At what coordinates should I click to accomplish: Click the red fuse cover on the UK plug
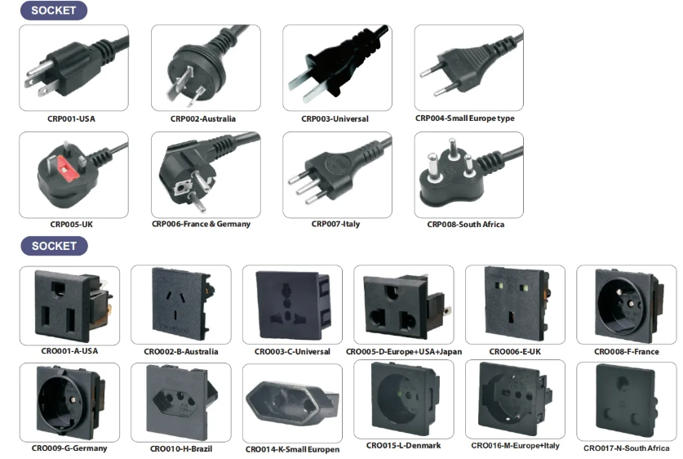67,169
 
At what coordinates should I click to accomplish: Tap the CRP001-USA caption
71,118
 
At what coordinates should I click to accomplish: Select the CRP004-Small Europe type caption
465,118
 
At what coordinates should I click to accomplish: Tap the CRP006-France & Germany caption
201,224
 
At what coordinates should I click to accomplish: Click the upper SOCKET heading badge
54,11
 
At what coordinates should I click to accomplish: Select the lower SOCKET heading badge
54,246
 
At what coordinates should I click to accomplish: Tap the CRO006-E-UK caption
515,351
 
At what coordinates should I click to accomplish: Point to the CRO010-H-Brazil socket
182,400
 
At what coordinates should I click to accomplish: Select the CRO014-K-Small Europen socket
292,402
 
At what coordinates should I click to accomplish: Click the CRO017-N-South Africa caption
627,448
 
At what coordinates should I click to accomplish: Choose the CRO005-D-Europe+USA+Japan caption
404,351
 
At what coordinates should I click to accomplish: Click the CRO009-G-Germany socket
70,402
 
